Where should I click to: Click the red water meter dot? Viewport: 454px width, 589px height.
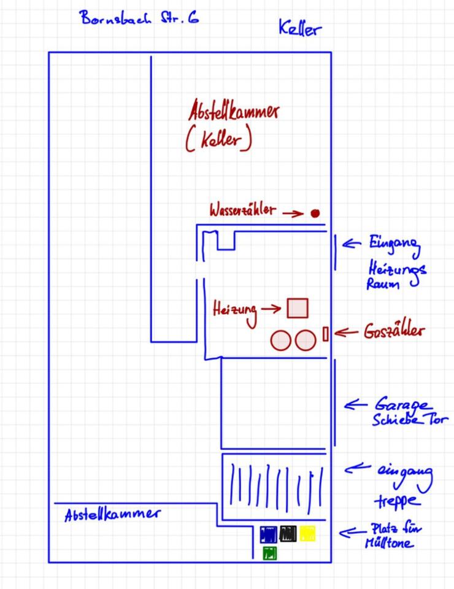[315, 214]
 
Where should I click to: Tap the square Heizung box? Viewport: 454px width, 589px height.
[298, 308]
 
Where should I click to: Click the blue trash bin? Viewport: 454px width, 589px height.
[269, 534]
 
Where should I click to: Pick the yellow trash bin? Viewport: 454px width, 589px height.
[307, 534]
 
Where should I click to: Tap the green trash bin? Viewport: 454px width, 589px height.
[270, 553]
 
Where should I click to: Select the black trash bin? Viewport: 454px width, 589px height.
[288, 534]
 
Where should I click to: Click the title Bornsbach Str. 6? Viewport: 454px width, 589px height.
[139, 17]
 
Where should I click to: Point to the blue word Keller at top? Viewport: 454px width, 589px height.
[299, 28]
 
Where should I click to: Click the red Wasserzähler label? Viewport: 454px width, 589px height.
[242, 210]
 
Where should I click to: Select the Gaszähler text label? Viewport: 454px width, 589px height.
[393, 331]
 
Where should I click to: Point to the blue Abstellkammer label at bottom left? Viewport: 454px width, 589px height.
[112, 514]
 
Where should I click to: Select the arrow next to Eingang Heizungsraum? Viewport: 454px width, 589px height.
[351, 244]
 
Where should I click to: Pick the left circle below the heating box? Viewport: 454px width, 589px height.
[281, 341]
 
